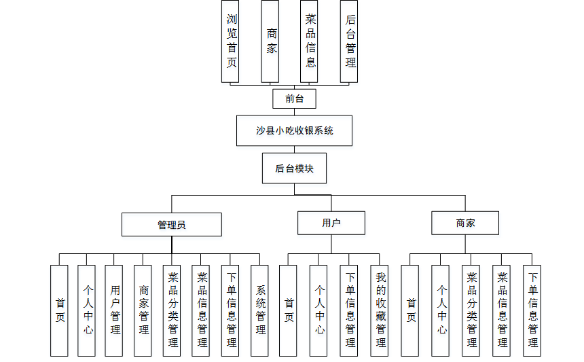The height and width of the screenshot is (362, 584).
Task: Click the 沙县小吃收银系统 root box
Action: coord(294,130)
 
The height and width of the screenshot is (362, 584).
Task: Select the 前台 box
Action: coord(294,98)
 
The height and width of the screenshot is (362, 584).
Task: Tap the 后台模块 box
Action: coord(294,168)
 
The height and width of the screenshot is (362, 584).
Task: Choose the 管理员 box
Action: coord(172,225)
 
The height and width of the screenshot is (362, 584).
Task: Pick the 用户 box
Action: coord(331,223)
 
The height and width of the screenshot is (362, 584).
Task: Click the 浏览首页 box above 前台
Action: coord(230,41)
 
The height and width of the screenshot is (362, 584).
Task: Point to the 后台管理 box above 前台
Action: coord(349,41)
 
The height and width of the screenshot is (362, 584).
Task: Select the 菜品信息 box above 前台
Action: coord(309,41)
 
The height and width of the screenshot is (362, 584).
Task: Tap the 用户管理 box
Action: coord(113,310)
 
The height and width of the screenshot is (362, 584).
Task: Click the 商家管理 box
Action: coord(143,310)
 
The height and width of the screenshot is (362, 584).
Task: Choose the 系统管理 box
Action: coord(259,310)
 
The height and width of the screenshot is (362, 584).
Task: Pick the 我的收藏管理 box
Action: coord(380,310)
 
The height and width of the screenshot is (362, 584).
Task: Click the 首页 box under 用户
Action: coord(288,310)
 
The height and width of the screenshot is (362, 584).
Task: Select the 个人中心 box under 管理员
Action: coord(86,310)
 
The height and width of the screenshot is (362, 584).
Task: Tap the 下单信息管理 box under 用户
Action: coord(349,310)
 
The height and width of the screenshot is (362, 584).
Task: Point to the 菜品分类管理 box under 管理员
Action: coord(172,310)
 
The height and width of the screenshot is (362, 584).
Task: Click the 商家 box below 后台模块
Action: coord(465,223)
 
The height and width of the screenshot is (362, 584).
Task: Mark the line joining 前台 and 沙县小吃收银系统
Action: coord(294,112)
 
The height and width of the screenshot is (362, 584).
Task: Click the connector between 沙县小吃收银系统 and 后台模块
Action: coord(294,149)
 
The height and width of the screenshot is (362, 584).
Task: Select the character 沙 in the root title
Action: coord(260,130)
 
